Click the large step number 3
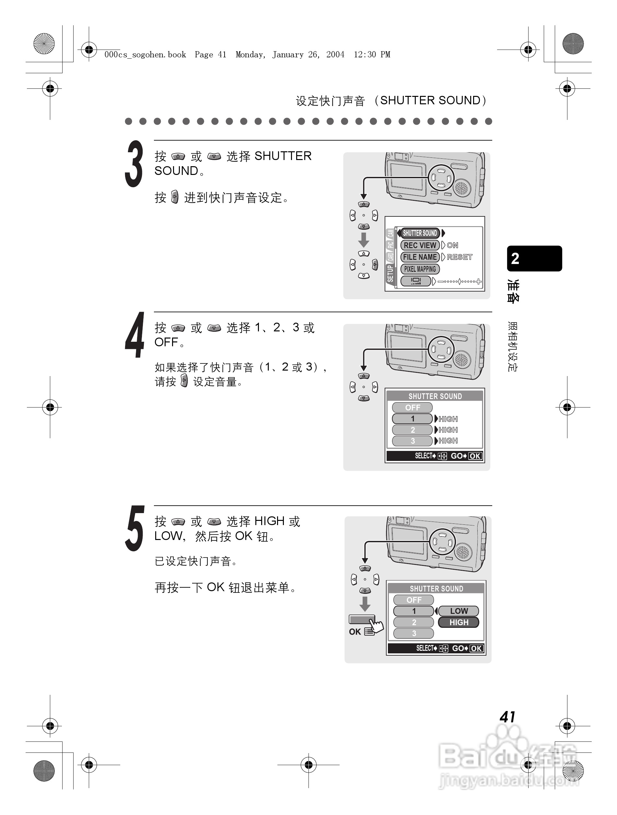[134, 164]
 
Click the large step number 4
[134, 335]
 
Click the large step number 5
[134, 529]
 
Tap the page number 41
[507, 717]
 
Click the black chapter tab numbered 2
[534, 258]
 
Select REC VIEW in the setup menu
[420, 245]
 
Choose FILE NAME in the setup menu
[420, 257]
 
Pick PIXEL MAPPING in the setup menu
[420, 269]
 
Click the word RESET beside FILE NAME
[459, 257]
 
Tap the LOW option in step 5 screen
[459, 611]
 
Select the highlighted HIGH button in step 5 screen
[459, 622]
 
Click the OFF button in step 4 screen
[412, 407]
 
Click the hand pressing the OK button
[376, 625]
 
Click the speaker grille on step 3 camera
[461, 188]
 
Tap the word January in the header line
[288, 55]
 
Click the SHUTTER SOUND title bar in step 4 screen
[435, 396]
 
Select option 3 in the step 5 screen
[413, 633]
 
